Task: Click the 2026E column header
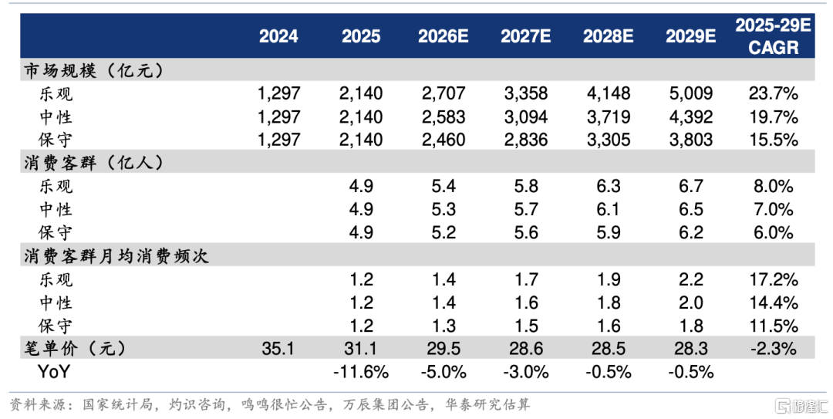click(x=443, y=36)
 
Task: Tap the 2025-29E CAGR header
click(x=773, y=36)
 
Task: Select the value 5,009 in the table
click(x=690, y=93)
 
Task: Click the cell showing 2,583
click(x=443, y=117)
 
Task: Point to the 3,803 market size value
click(x=690, y=140)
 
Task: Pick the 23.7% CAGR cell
click(x=773, y=93)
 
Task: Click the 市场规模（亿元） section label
click(x=93, y=70)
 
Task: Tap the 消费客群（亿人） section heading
click(x=93, y=163)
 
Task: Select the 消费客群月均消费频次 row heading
click(x=116, y=256)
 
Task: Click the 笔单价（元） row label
click(x=75, y=348)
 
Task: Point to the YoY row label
click(x=53, y=372)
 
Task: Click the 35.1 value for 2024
click(x=278, y=349)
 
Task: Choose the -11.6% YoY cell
click(x=361, y=372)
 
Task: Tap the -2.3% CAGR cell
click(x=773, y=349)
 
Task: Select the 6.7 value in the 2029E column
click(x=690, y=186)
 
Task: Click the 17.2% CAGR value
click(x=773, y=279)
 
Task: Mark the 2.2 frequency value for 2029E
click(x=690, y=279)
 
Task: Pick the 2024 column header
click(x=278, y=36)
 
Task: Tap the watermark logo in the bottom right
click(x=801, y=405)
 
